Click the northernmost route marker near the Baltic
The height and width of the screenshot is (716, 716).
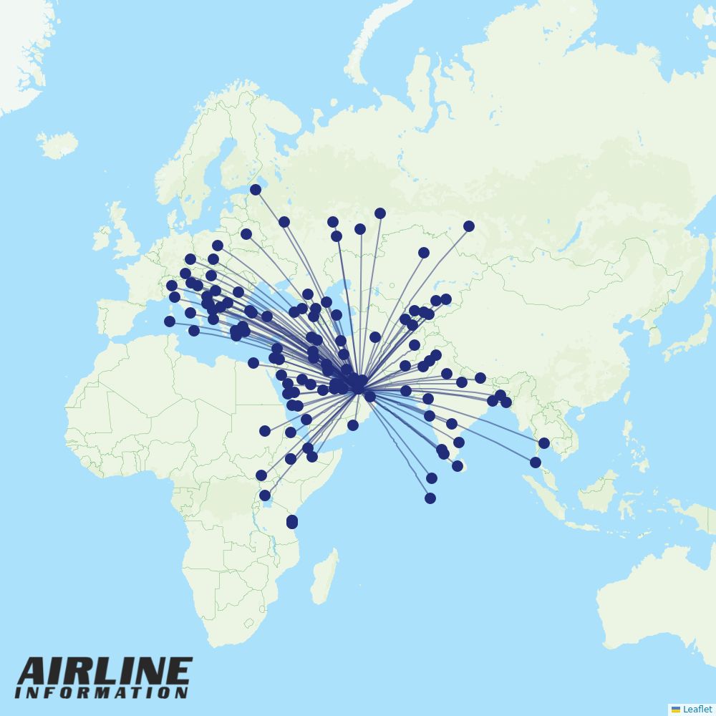pos(256,190)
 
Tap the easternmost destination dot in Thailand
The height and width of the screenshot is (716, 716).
pos(544,443)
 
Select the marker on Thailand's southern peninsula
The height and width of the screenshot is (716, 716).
pos(536,463)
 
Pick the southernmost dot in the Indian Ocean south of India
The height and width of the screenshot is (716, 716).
pos(430,498)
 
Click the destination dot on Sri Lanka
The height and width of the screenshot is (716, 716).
pos(458,466)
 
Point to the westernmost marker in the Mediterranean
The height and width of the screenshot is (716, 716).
pos(170,321)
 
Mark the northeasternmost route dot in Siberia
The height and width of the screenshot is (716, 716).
pos(469,226)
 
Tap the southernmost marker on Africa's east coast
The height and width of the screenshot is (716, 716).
pos(292,524)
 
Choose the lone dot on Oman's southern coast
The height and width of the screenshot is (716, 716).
pos(353,425)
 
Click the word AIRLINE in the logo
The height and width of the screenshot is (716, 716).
pos(105,672)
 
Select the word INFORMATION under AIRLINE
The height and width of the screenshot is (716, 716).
pos(101,693)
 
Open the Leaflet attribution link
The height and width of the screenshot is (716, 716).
pos(697,709)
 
